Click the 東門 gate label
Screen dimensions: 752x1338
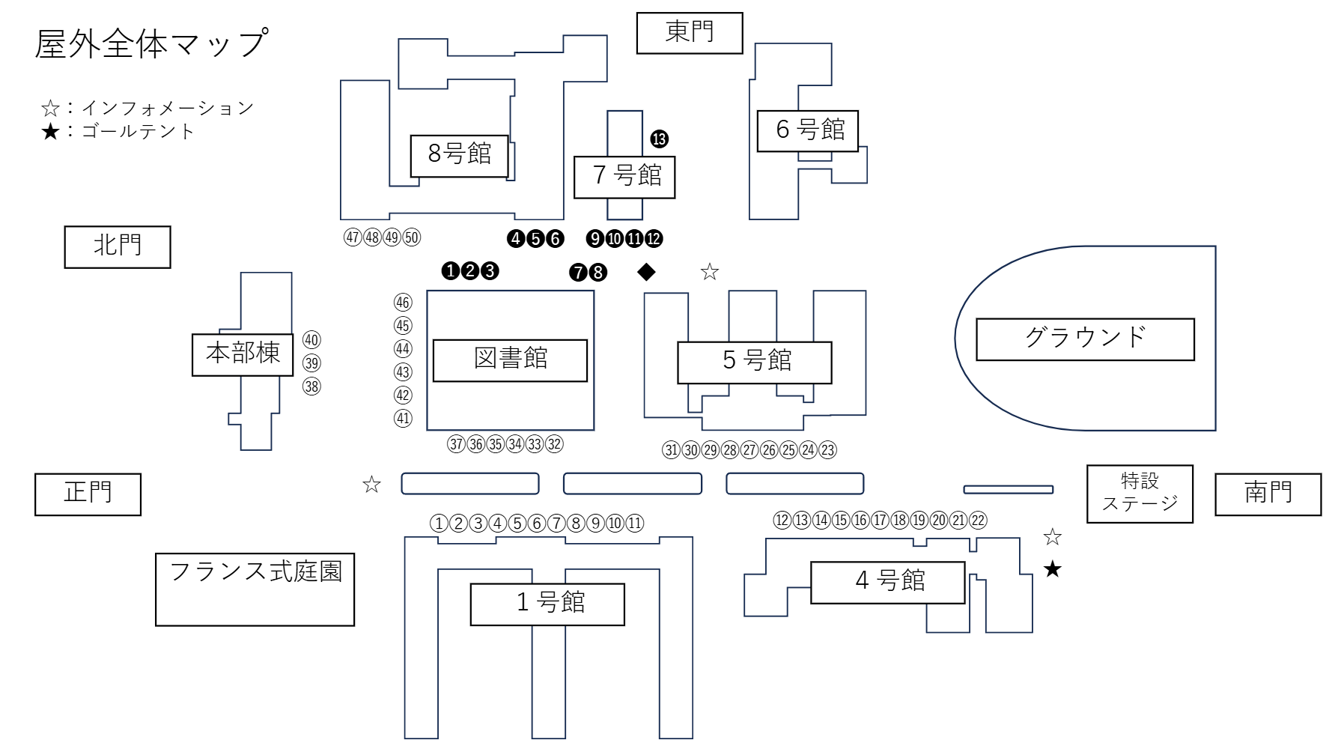(689, 33)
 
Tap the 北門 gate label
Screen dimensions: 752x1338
(118, 246)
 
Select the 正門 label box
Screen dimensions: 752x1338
(88, 494)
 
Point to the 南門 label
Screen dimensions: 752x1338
(1268, 494)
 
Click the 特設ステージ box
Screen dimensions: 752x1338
(1139, 493)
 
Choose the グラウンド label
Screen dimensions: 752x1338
(1085, 339)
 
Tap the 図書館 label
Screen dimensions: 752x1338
(510, 360)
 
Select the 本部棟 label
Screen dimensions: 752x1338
(243, 354)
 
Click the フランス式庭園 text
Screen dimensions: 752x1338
(255, 572)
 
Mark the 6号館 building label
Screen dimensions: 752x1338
(808, 130)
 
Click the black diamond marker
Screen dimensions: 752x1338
(646, 272)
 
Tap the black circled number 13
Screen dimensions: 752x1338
(659, 139)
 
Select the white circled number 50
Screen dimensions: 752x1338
(412, 238)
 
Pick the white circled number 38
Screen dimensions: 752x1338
(311, 386)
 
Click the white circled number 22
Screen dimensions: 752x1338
(978, 521)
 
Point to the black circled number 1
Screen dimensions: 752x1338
(450, 271)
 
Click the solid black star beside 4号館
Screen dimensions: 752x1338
(1053, 569)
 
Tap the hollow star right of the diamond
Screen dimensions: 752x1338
(710, 272)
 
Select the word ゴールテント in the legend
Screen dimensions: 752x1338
(139, 132)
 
